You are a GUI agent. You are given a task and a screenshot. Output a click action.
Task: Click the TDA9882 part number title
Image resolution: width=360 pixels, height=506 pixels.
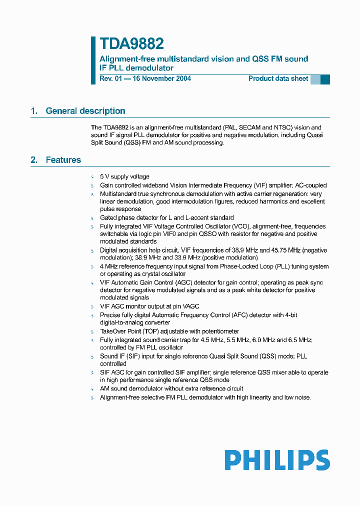click(131, 44)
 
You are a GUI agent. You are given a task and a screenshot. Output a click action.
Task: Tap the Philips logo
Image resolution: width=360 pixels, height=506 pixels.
click(276, 460)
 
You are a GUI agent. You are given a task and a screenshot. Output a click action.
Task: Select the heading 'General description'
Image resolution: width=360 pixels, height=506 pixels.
click(85, 111)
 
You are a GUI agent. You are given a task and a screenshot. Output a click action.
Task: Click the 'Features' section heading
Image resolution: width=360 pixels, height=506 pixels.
click(63, 160)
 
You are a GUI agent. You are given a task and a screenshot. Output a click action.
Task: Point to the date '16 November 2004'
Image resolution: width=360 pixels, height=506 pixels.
click(161, 78)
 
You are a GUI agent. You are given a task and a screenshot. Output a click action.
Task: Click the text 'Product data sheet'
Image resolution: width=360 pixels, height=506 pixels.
click(278, 78)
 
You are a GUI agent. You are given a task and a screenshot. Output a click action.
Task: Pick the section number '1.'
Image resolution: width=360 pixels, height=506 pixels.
click(34, 111)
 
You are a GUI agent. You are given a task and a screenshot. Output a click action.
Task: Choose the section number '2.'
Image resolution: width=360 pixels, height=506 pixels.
click(34, 160)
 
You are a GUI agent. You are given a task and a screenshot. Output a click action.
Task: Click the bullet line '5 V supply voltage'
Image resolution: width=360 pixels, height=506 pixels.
click(124, 177)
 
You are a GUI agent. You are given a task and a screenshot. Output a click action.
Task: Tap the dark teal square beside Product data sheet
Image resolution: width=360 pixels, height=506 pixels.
click(325, 79)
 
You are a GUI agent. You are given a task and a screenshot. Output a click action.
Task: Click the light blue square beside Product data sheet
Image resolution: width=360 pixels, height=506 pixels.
click(315, 79)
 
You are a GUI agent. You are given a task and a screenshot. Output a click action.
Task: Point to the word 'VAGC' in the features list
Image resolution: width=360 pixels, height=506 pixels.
click(190, 306)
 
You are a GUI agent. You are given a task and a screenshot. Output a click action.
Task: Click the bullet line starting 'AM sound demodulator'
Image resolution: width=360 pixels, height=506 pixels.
click(171, 388)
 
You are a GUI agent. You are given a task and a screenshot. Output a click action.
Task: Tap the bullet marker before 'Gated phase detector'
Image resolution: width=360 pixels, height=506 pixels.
click(92, 218)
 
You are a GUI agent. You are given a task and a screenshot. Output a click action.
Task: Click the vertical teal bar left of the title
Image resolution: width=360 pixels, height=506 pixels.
click(93, 60)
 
